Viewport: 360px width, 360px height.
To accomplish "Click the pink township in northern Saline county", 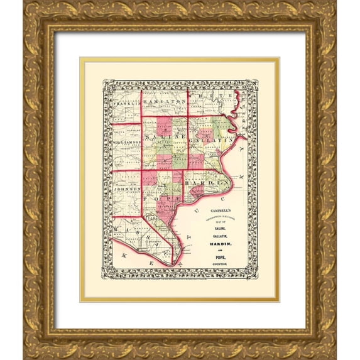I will pyautogui.click(x=165, y=124).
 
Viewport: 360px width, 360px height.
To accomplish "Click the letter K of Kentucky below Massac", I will pyautogui.click(x=124, y=258).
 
